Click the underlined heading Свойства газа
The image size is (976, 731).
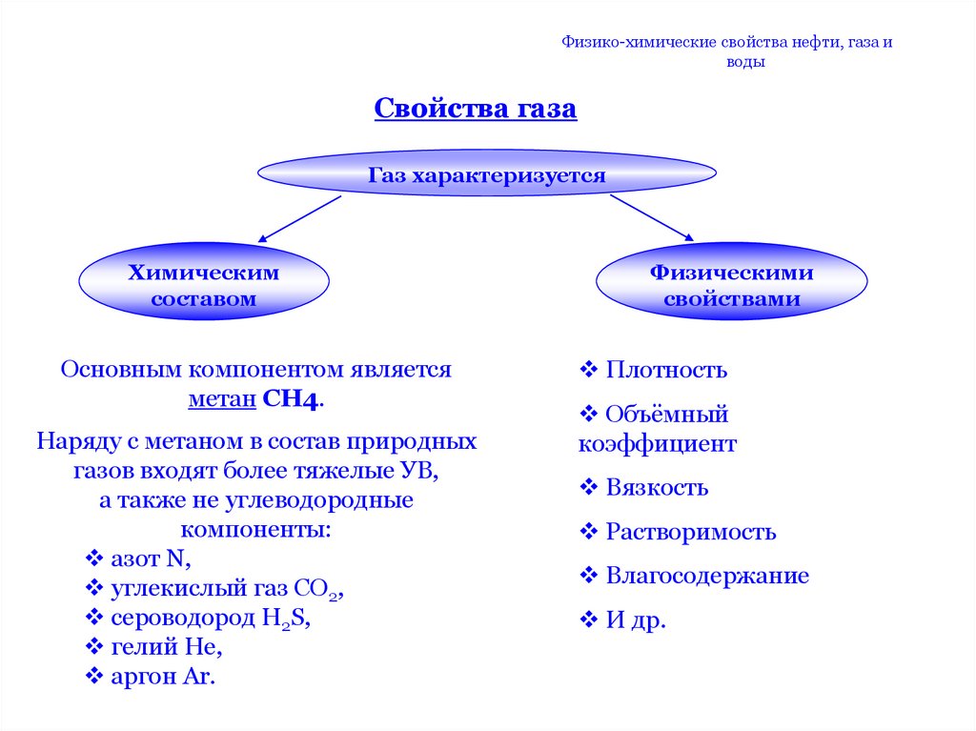[475, 109]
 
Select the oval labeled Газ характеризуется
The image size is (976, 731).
[487, 174]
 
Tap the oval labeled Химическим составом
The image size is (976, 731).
[204, 286]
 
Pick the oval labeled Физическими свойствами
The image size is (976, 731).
[731, 286]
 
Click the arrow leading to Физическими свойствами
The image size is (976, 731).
[652, 217]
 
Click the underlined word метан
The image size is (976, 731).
[221, 399]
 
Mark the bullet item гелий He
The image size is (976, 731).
[166, 648]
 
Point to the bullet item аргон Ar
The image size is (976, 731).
[163, 678]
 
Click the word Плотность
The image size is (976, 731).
[666, 369]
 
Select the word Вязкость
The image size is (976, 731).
[657, 488]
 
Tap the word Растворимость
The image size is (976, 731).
[690, 532]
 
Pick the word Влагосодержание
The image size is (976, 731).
[707, 576]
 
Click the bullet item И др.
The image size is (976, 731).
[635, 621]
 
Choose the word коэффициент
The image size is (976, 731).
[657, 444]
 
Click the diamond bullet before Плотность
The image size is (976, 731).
[588, 369]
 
